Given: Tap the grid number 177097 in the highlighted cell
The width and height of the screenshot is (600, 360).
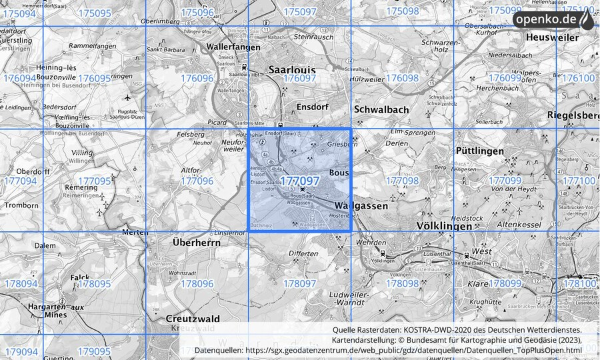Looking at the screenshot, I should pos(299,181).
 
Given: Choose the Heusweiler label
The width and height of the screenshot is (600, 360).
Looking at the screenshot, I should pos(551,37).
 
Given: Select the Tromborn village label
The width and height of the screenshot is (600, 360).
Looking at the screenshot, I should pos(21,206).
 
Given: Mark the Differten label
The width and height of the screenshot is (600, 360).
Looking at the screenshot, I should pos(304,254).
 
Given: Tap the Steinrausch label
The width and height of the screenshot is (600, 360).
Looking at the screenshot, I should pos(313,37).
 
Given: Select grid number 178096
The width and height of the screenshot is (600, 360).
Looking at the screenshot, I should pos(197,283).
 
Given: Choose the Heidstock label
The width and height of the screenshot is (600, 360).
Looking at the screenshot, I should pos(466,218).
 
